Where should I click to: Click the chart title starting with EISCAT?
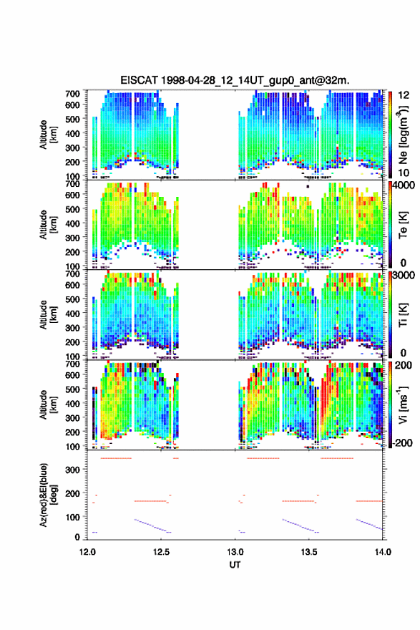235,80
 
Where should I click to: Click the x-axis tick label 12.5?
161,552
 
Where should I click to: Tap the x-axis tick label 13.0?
235,552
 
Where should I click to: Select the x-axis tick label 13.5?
309,552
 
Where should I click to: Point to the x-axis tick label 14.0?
383,552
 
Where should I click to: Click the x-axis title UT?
235,565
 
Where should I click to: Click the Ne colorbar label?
403,135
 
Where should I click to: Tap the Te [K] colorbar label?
403,225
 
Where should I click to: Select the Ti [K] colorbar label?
403,316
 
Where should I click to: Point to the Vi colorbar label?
403,405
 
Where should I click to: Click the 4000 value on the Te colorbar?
404,185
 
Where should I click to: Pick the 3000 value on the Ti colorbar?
404,275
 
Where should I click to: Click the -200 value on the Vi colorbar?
402,442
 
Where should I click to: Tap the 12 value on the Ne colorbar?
404,95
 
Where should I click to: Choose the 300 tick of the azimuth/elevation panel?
73,470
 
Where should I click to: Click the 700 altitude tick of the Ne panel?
73,94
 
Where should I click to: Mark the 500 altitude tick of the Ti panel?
73,299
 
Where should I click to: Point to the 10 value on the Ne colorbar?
404,173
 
